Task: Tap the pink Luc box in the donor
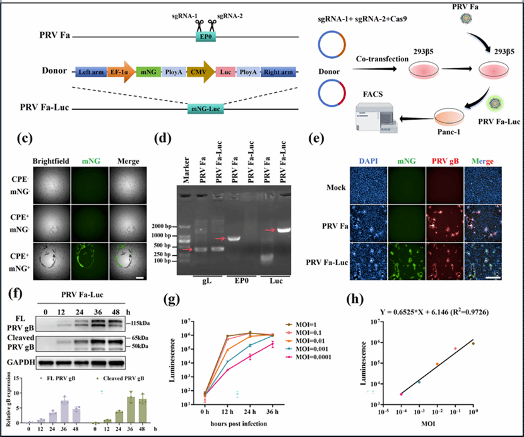coord(225,72)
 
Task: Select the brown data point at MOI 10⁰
coord(473,342)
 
